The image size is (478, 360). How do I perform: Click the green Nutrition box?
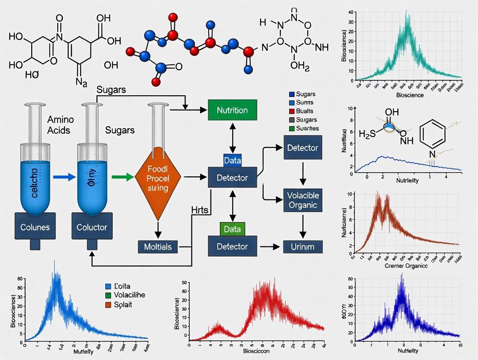click(x=233, y=110)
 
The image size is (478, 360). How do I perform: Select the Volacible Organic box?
click(x=303, y=200)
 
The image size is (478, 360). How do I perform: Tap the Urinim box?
click(x=303, y=247)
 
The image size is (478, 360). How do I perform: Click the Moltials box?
click(x=158, y=247)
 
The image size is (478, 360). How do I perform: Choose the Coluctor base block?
click(x=91, y=227)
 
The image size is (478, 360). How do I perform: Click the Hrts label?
click(x=200, y=210)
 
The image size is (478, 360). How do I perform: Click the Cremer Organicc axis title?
click(x=406, y=266)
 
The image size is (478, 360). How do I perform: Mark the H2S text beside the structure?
click(x=368, y=134)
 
